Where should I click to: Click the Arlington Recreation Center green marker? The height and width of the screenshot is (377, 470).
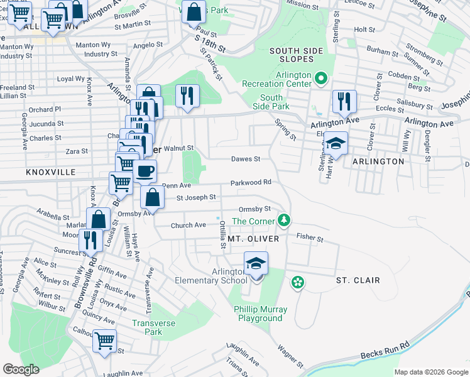(321, 79)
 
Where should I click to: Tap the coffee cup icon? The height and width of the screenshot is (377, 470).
(145, 172)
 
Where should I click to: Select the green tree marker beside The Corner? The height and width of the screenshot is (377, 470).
(285, 220)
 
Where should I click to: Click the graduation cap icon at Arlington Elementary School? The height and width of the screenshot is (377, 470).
(256, 264)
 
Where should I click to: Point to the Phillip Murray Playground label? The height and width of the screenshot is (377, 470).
(260, 314)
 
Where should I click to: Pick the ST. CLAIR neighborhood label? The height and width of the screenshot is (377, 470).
(358, 280)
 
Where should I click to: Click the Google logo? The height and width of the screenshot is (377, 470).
(21, 369)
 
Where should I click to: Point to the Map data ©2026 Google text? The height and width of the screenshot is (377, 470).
(431, 372)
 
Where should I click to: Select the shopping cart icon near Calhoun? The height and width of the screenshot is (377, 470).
(105, 342)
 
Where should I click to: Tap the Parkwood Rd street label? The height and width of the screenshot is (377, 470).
(251, 182)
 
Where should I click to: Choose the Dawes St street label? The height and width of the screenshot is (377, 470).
(245, 159)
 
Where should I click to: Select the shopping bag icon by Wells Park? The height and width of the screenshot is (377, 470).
(194, 12)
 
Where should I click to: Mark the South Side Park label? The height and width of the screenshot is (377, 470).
(271, 102)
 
